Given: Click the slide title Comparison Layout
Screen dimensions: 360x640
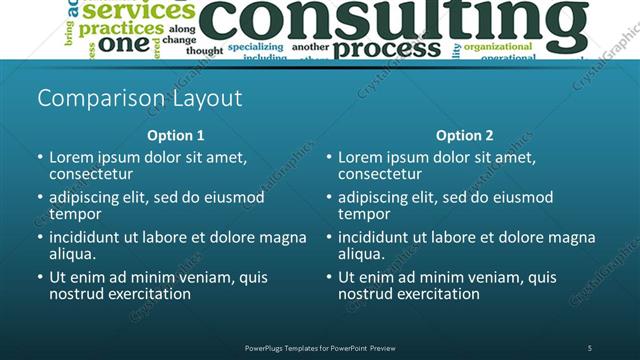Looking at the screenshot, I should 139,99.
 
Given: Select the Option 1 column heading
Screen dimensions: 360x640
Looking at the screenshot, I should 176,135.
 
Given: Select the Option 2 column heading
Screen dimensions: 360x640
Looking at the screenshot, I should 465,135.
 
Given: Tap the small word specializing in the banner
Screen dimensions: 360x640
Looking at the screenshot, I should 255,47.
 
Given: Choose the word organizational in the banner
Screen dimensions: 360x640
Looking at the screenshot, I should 497,46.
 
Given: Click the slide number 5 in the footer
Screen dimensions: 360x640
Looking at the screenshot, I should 590,348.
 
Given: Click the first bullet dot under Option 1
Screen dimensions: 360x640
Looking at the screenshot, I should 40,158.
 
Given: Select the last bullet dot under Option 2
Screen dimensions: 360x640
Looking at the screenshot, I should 329,278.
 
